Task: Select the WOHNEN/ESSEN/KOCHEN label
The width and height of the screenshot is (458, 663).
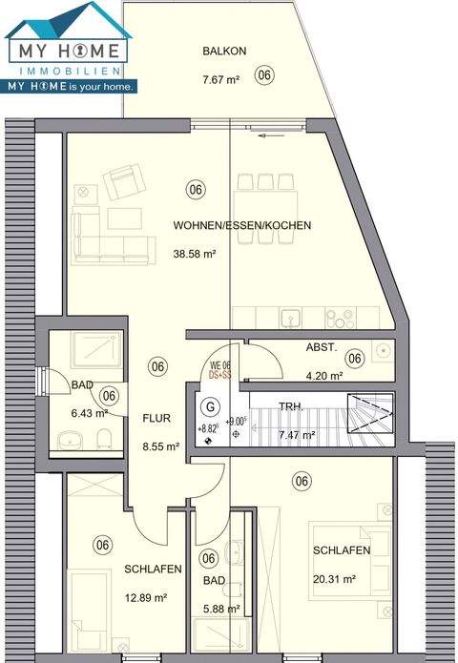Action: [242, 225]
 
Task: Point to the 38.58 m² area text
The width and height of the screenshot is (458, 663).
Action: [195, 255]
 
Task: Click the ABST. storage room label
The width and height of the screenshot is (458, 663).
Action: [321, 349]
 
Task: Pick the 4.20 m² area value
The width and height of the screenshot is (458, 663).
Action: [323, 376]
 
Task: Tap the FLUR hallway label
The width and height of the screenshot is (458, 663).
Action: [156, 418]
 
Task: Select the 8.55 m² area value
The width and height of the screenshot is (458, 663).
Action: [161, 445]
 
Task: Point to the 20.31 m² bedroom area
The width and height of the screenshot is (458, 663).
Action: [334, 578]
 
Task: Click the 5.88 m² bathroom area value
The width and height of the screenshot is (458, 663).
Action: [219, 609]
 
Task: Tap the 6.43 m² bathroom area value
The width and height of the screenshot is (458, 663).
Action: [87, 413]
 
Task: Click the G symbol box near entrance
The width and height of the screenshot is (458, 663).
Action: [209, 405]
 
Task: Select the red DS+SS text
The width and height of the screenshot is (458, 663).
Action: [221, 376]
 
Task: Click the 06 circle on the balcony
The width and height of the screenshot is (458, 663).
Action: [265, 74]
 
